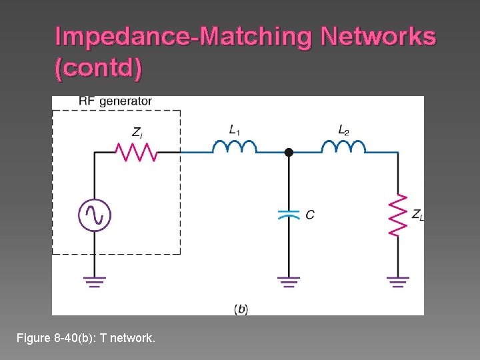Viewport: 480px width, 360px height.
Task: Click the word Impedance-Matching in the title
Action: [183, 37]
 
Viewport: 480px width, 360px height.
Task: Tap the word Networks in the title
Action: [378, 37]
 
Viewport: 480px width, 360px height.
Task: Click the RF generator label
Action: [115, 101]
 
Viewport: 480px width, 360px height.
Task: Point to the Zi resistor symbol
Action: [136, 152]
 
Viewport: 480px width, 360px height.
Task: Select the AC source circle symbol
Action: [94, 215]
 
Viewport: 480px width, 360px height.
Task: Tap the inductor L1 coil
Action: [234, 147]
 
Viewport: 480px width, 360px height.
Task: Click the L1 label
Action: [235, 130]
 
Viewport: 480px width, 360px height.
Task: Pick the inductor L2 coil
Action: [343, 147]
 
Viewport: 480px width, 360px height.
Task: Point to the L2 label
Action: [343, 130]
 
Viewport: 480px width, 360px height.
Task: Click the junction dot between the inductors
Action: [289, 153]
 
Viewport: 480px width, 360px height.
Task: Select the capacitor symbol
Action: [289, 215]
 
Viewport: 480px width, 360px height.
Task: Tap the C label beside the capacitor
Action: [310, 215]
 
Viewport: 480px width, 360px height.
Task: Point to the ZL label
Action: [417, 215]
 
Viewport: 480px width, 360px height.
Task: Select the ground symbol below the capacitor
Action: [289, 281]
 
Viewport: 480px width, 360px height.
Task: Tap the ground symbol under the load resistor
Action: [398, 281]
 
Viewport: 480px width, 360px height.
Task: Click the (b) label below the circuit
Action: [241, 309]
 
